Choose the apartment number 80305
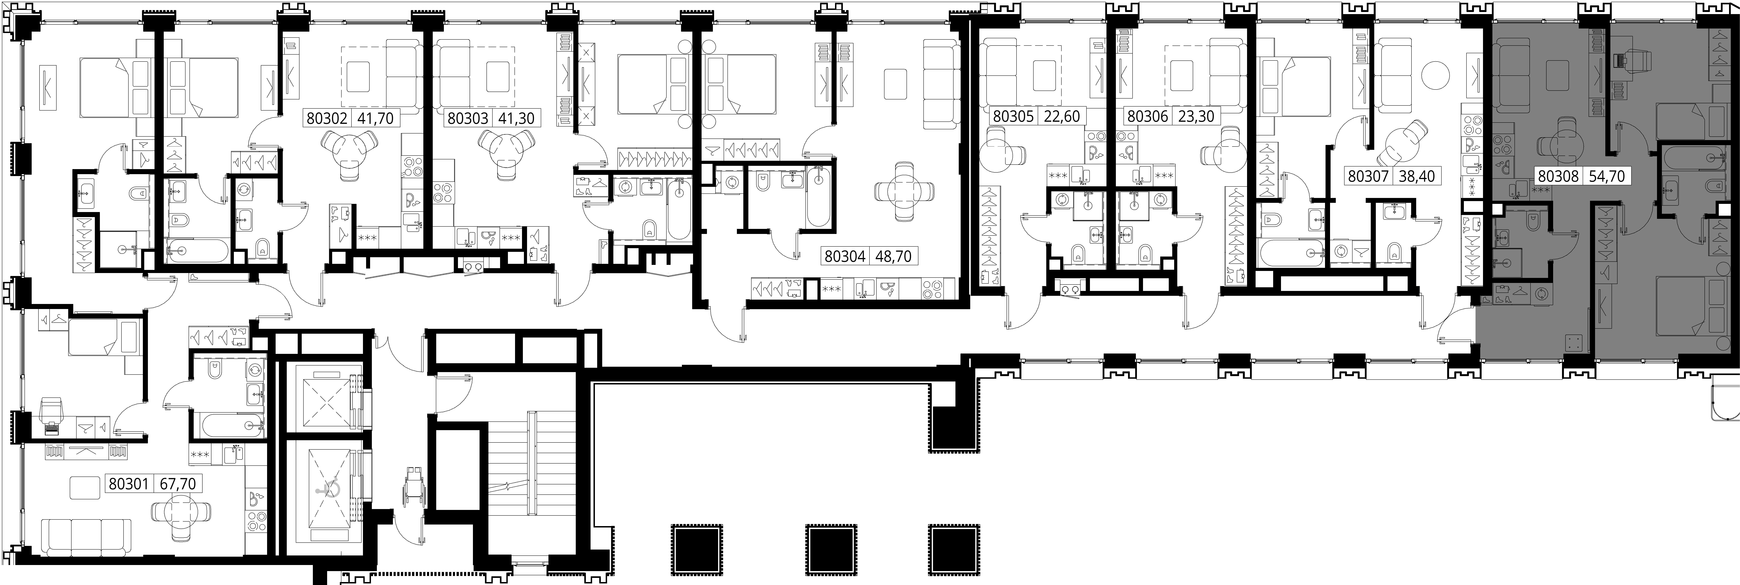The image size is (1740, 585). tap(1013, 116)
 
